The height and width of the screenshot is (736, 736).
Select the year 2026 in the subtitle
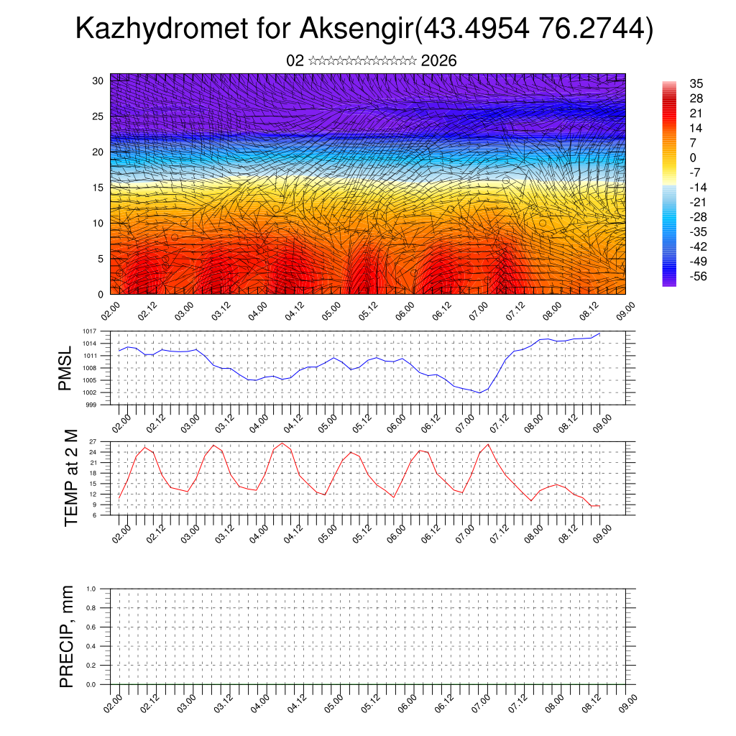[438, 61]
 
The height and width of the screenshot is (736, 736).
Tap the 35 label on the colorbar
[696, 83]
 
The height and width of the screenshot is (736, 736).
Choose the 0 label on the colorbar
[693, 157]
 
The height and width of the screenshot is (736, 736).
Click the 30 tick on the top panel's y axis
[98, 80]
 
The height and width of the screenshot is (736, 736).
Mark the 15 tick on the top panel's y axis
[98, 188]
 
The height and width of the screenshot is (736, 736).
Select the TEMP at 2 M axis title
[70, 478]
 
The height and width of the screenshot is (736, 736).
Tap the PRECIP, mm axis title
[67, 637]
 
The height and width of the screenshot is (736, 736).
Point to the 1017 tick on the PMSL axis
[90, 331]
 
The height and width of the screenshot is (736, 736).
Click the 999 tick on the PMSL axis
[92, 405]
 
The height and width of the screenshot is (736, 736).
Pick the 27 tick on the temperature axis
[93, 441]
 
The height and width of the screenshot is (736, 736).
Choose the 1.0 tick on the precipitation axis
[91, 589]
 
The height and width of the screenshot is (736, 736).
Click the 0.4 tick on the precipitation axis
[91, 646]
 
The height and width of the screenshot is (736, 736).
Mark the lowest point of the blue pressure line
[479, 392]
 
